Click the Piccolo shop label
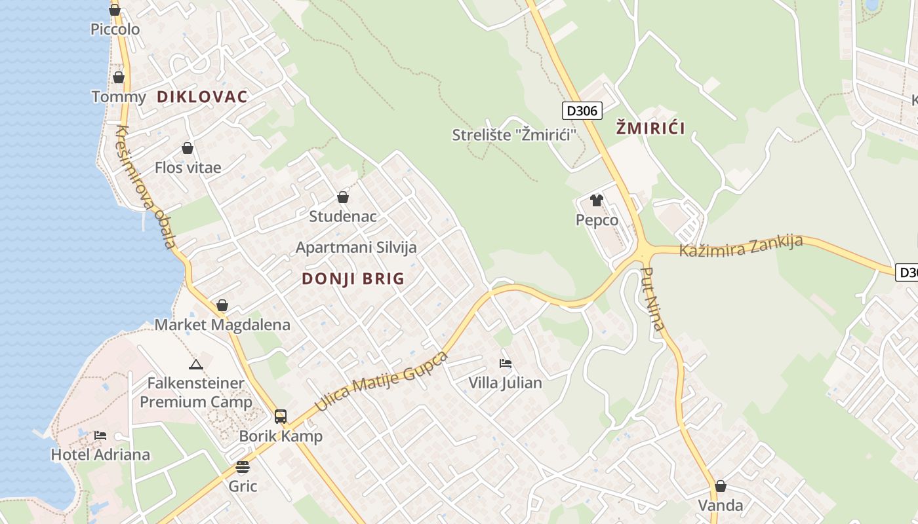(x=115, y=29)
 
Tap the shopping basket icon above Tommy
(x=119, y=78)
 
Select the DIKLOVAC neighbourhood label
(x=202, y=97)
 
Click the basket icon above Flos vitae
(x=188, y=149)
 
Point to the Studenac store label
(x=342, y=216)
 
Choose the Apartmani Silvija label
(x=356, y=248)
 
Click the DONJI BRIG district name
(x=353, y=279)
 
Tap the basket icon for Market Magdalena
(x=222, y=305)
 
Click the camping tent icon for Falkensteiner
(x=195, y=364)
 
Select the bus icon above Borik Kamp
(x=281, y=417)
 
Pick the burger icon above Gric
(x=243, y=467)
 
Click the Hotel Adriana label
(x=100, y=455)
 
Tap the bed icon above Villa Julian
(x=505, y=364)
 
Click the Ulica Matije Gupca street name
(x=381, y=381)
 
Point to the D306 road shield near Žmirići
(x=582, y=111)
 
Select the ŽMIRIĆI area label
(x=650, y=128)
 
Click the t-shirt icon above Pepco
(x=596, y=200)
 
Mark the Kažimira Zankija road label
(x=741, y=246)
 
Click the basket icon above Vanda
(x=720, y=486)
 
